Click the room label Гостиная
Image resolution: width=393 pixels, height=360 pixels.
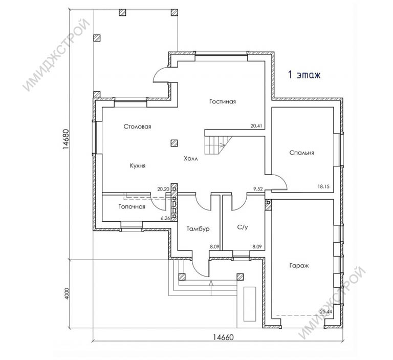coord(223,101)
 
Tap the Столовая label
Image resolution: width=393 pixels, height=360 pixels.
coord(137,126)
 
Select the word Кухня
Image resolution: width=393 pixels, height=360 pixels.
coord(138,166)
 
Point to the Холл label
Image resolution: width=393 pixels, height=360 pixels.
coord(191,159)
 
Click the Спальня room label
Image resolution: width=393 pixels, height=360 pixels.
coord(301,153)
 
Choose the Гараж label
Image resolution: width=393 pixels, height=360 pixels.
coord(299,265)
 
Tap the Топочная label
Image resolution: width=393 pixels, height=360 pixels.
coord(132,207)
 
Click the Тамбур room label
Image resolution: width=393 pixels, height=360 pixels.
coord(198,229)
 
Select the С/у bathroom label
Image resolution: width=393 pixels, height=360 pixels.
coord(243,227)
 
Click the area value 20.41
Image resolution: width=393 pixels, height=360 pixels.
coord(256,126)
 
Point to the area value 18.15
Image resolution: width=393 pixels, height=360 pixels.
coord(323,186)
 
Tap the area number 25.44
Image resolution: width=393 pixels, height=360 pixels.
coord(326,312)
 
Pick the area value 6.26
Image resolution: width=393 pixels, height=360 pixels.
coord(165,219)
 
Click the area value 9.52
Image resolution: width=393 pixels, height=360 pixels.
coord(258,189)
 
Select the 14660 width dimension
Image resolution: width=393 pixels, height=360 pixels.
coord(223,337)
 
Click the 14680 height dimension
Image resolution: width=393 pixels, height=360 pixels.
coord(65,139)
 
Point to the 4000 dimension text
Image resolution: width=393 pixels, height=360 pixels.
coord(67,293)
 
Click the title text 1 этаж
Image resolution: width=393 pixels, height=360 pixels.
coord(304,74)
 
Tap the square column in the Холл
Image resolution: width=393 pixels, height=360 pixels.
coord(174,143)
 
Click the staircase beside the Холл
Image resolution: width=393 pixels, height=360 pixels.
coord(217,145)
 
